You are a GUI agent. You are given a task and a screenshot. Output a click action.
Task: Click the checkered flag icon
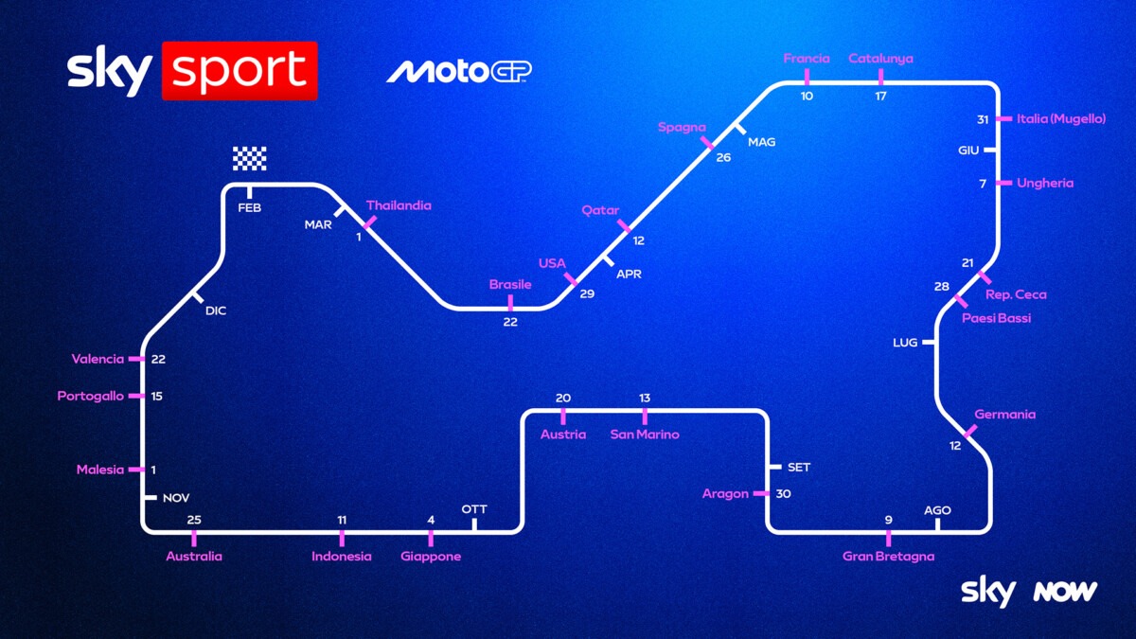pyautogui.click(x=250, y=158)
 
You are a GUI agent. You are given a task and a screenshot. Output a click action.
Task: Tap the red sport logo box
pyautogui.click(x=240, y=71)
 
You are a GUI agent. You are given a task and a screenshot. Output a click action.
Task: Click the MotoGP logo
pyautogui.click(x=459, y=72)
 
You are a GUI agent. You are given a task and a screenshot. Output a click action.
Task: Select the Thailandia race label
pyautogui.click(x=399, y=205)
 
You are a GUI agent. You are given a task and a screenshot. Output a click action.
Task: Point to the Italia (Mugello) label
pyautogui.click(x=1061, y=118)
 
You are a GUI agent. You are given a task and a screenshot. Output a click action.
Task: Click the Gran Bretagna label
pyautogui.click(x=889, y=557)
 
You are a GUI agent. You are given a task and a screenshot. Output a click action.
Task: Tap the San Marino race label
pyautogui.click(x=645, y=435)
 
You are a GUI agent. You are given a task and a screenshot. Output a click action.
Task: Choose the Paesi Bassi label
pyautogui.click(x=997, y=318)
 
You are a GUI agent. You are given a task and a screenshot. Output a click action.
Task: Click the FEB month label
pyautogui.click(x=250, y=208)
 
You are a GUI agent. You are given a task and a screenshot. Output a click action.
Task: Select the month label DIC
pyautogui.click(x=216, y=311)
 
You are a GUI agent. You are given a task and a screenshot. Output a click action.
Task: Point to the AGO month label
pyautogui.click(x=937, y=510)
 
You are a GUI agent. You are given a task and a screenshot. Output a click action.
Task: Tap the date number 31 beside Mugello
pyautogui.click(x=983, y=119)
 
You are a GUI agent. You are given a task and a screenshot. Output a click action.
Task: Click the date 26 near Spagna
pyautogui.click(x=723, y=158)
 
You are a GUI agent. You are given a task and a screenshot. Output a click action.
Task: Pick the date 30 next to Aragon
pyautogui.click(x=784, y=494)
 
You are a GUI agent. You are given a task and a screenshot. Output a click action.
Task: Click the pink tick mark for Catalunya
pyautogui.click(x=881, y=77)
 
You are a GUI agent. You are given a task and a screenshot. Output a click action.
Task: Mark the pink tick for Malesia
pyautogui.click(x=136, y=470)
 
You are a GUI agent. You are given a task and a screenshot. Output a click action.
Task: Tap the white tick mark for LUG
pyautogui.click(x=929, y=343)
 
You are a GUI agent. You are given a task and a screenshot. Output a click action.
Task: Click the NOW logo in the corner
pyautogui.click(x=1066, y=592)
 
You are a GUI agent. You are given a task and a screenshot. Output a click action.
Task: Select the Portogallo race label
pyautogui.click(x=90, y=396)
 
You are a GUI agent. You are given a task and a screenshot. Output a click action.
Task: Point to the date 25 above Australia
pyautogui.click(x=194, y=520)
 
